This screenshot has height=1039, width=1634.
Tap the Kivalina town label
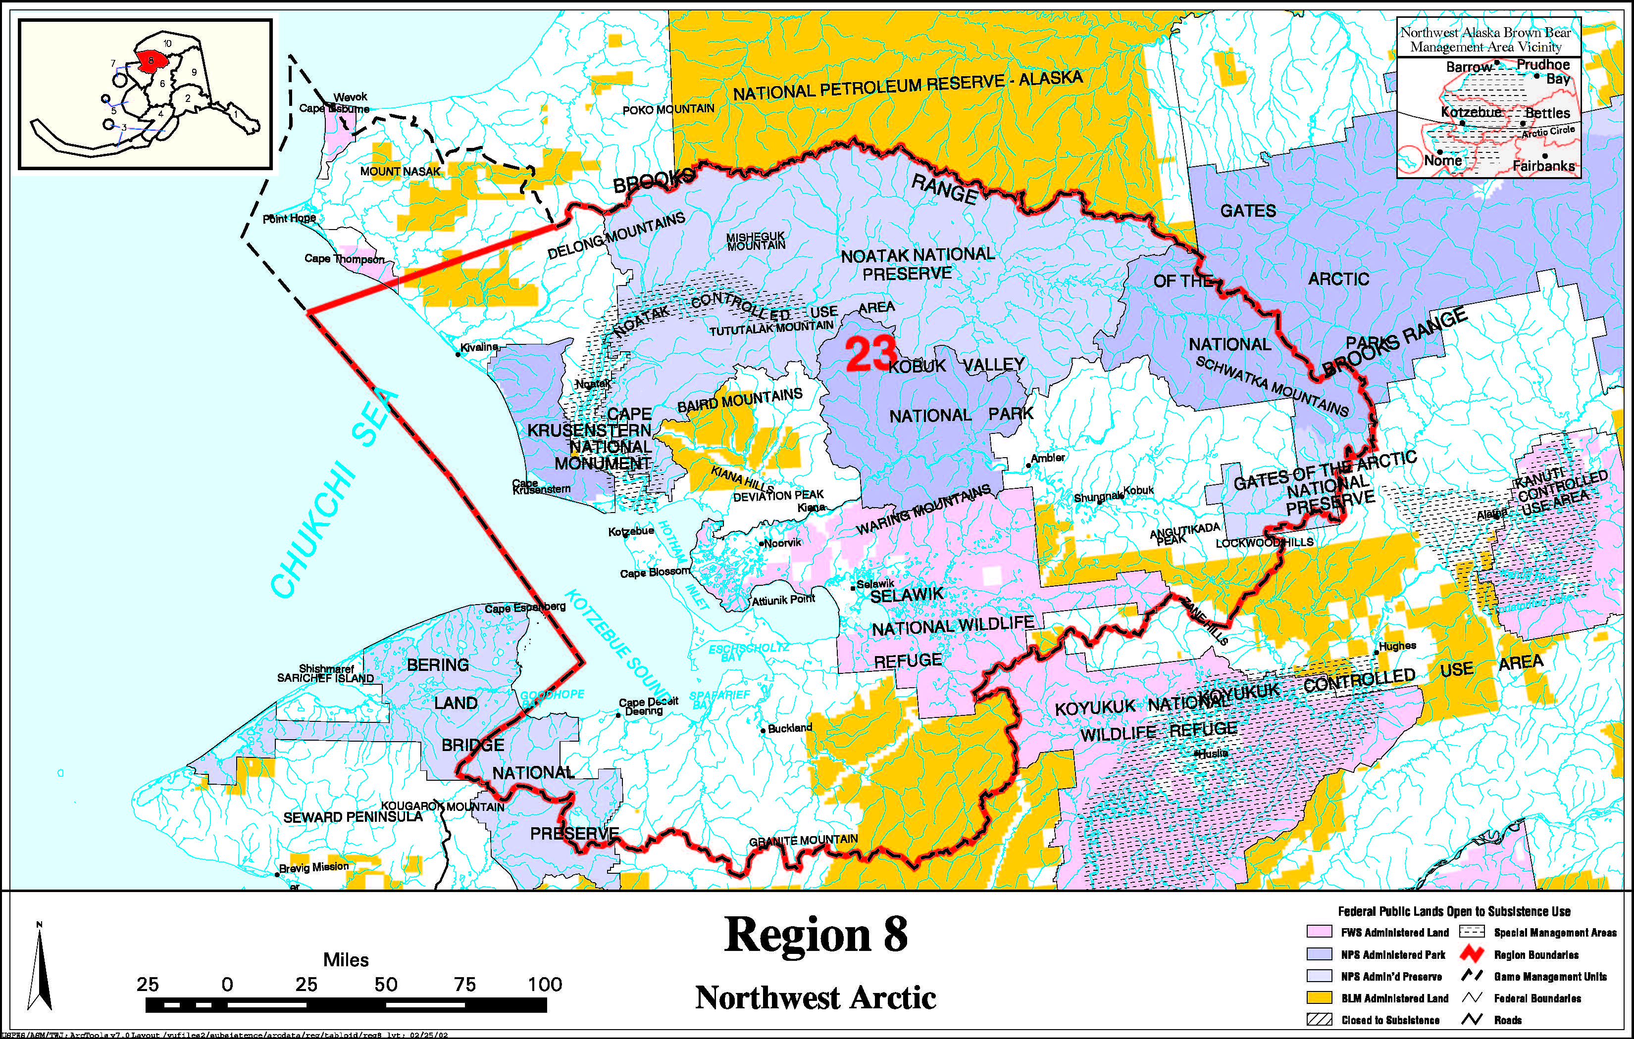[x=479, y=347]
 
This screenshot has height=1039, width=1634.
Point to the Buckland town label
[x=790, y=728]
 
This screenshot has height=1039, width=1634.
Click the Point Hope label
[x=289, y=218]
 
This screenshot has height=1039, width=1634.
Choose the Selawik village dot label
[x=874, y=584]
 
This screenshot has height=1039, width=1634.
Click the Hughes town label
[x=1397, y=646]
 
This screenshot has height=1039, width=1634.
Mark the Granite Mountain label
[x=804, y=840]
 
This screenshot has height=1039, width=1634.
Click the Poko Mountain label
[x=668, y=108]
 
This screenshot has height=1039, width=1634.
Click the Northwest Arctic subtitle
[x=816, y=997]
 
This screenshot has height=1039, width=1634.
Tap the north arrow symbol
[x=41, y=970]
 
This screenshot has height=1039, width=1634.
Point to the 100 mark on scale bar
[x=545, y=984]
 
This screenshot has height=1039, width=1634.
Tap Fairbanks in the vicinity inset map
[x=1543, y=165]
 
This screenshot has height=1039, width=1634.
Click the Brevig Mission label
[x=313, y=867]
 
